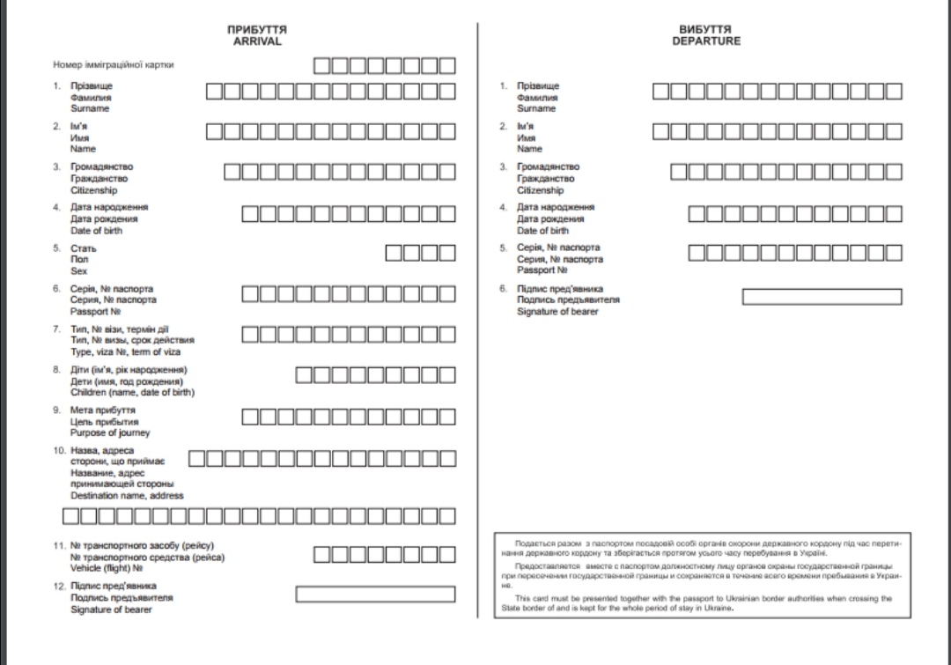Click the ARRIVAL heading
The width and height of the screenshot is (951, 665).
[257, 41]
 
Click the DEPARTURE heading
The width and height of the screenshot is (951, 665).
[706, 41]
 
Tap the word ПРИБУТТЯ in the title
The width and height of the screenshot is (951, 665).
[257, 30]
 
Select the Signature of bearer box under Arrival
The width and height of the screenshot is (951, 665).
[375, 595]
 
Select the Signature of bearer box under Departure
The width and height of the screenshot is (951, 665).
[822, 297]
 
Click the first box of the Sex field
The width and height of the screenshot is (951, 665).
[394, 253]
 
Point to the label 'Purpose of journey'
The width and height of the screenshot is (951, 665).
[110, 433]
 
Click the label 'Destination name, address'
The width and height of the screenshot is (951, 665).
[127, 496]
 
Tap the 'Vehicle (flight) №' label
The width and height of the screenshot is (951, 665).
[107, 569]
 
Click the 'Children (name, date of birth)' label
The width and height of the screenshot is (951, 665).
[132, 393]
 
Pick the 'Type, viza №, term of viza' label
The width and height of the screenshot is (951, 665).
[125, 352]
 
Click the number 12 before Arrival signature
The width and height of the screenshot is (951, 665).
[58, 586]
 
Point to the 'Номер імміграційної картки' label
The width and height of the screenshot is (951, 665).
[114, 64]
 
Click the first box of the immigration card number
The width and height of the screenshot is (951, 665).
[322, 65]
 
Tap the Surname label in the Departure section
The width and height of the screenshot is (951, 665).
[536, 109]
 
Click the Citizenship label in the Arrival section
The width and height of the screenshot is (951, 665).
[93, 190]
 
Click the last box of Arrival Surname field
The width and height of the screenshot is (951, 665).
[447, 91]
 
